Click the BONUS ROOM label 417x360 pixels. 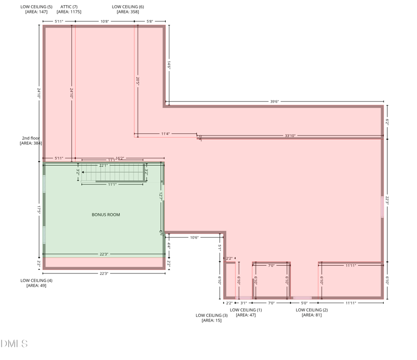coord(106,215)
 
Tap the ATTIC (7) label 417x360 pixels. coord(69,6)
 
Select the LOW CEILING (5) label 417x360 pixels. coord(36,6)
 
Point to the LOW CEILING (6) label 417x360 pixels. coord(128,6)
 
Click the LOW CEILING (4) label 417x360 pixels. coord(36,280)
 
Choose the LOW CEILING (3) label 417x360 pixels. coord(212,315)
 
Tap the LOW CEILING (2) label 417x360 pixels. coord(312,310)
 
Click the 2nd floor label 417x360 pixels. coord(31,138)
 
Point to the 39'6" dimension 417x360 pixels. coord(274,102)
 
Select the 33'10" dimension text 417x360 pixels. coord(290,135)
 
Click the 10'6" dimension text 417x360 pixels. coord(194,238)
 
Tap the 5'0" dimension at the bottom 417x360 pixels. coord(304,303)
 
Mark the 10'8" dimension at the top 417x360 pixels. coord(104,21)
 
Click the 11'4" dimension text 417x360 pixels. coord(165,134)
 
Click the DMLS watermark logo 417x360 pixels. coord(14,343)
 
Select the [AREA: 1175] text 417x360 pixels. coord(69,11)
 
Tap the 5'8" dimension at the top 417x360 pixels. coord(150,21)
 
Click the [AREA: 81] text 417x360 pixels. coord(312,315)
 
